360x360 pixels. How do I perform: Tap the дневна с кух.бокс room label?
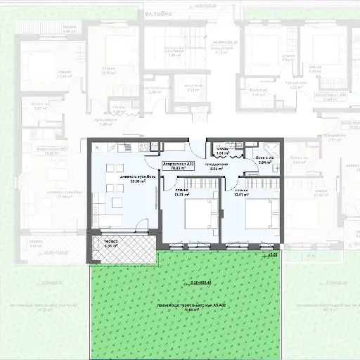tap(133, 176)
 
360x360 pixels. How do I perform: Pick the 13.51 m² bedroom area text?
tap(241, 195)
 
